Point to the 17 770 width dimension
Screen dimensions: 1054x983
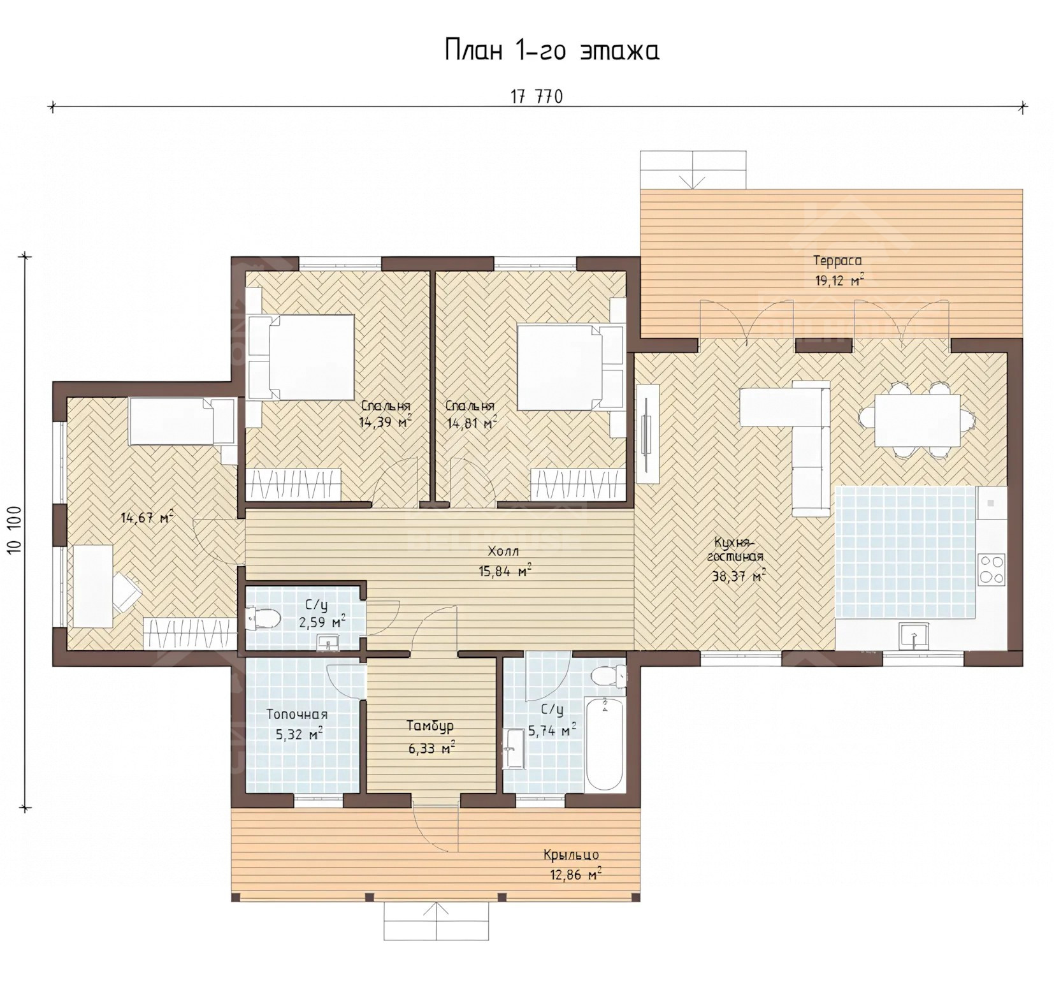coord(537,97)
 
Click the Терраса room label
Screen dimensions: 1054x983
coord(837,260)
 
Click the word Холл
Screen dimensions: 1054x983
coord(503,551)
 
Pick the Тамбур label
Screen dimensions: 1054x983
coord(431,726)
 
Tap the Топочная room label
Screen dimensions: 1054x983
coord(297,715)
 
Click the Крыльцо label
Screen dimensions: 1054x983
coord(571,855)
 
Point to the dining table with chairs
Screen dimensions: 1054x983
coord(916,420)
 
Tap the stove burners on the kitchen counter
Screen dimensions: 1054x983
coord(992,569)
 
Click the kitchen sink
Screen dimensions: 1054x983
coord(913,636)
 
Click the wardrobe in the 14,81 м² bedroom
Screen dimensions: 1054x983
coord(577,484)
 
